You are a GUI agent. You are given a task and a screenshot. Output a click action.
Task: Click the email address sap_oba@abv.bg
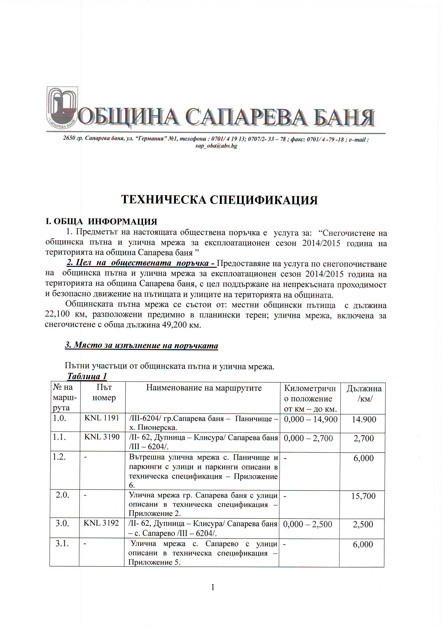coord(216,146)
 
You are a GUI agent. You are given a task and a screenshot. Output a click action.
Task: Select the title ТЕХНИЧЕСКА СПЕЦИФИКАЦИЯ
coord(219,200)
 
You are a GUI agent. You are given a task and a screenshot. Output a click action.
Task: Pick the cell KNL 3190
coord(102,437)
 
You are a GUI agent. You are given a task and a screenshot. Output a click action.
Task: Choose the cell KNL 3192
coord(101,523)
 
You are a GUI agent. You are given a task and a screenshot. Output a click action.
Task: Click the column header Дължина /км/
coord(364,394)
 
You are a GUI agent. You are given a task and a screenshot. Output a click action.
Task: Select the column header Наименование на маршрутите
coord(204,388)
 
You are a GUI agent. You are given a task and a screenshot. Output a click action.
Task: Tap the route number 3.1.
coord(62,544)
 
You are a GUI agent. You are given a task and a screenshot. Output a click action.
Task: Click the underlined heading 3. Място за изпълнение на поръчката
coord(141,345)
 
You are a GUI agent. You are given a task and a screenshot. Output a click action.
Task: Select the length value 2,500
coord(363,524)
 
